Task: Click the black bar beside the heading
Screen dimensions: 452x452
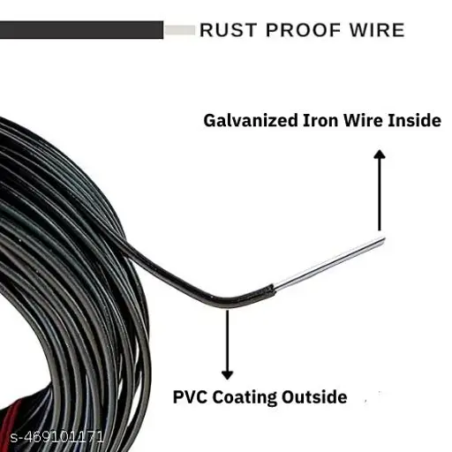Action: [x=81, y=30]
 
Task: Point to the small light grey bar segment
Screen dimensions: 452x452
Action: [x=179, y=30]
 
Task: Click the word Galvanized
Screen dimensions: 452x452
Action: [x=251, y=121]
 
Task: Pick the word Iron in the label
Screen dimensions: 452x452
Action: [x=321, y=121]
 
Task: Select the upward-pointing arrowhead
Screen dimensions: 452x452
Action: [x=380, y=154]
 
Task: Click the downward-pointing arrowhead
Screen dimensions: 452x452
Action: [x=227, y=375]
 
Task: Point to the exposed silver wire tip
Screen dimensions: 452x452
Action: [x=381, y=241]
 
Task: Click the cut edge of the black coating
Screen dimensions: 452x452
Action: [x=274, y=290]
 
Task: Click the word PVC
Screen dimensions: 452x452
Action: [x=190, y=397]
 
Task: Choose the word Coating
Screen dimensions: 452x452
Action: [x=245, y=398]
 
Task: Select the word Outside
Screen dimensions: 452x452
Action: [x=314, y=397]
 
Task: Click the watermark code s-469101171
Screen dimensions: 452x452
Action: [x=57, y=437]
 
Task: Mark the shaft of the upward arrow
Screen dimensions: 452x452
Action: [x=380, y=194]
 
